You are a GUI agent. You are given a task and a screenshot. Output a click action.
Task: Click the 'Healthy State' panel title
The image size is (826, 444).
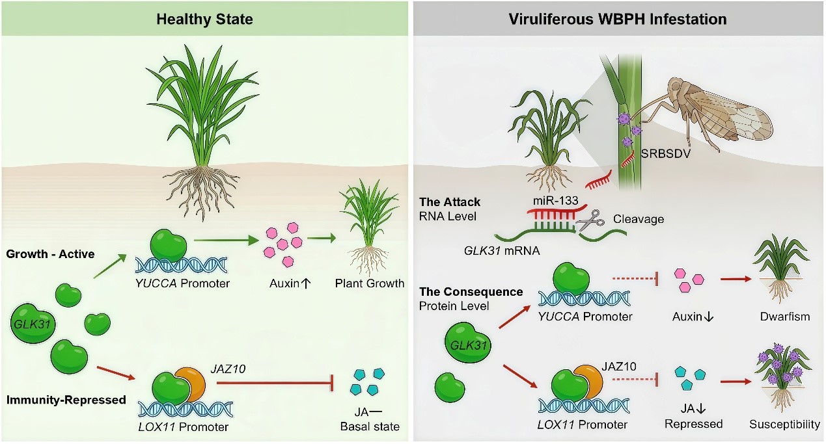pos(204,19)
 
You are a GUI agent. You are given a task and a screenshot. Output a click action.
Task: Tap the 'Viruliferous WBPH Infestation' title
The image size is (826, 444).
pos(618,19)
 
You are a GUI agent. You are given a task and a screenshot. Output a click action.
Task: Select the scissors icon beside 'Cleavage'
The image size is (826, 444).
pos(590,220)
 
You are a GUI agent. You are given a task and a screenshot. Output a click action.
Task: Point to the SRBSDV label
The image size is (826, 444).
pos(666,153)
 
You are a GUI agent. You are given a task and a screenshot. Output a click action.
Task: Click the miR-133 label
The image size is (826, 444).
pos(555,201)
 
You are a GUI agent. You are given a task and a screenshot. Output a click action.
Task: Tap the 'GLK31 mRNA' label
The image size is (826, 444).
pos(501,251)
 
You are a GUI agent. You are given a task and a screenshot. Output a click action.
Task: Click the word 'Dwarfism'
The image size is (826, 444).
pos(785,316)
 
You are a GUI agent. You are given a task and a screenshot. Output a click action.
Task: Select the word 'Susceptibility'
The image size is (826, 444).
pos(784,424)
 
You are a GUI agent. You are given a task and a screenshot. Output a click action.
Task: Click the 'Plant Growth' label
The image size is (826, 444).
pos(370,283)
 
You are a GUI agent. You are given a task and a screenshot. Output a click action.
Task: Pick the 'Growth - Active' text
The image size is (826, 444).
pos(51,254)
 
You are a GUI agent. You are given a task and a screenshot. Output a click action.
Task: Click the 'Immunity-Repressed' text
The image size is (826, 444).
pos(66,399)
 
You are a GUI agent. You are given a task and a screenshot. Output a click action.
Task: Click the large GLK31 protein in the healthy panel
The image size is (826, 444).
pos(33,324)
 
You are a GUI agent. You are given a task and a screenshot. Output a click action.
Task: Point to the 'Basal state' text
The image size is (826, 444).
pos(370,426)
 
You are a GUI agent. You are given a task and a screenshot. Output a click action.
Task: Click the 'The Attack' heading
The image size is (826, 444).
pos(450,202)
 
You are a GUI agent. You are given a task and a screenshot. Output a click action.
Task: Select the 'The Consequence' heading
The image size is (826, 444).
pos(471,292)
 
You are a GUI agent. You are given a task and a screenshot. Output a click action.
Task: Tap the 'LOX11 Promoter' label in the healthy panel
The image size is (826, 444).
pos(184,426)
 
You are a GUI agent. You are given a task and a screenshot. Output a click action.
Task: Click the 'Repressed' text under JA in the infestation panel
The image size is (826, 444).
pos(694,424)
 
